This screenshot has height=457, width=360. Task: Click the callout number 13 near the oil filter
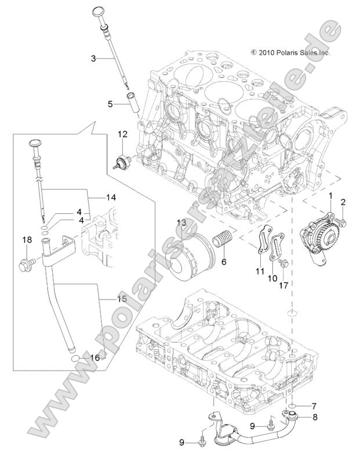(181, 223)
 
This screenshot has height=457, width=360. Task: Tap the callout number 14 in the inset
(111, 198)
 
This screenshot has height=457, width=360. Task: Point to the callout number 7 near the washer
(314, 405)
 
